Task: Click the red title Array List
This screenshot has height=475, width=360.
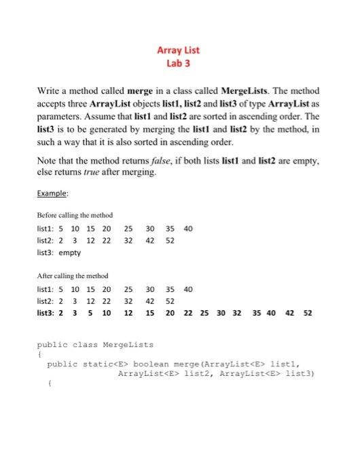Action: (179, 50)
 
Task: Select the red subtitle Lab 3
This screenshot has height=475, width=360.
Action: (179, 63)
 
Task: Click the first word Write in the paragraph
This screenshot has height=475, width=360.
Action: (49, 90)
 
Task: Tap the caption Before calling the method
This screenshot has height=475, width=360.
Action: (74, 215)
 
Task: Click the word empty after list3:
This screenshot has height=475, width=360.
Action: (69, 252)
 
